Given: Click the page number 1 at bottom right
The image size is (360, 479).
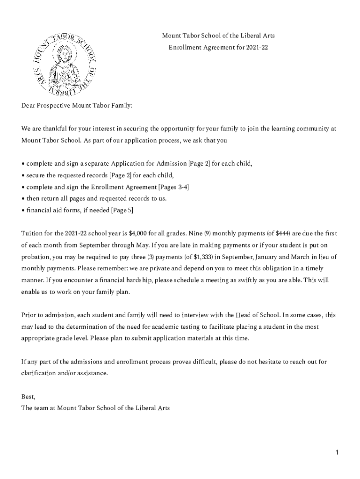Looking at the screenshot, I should click(x=336, y=452).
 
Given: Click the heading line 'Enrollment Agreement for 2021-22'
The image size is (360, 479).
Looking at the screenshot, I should click(x=218, y=47).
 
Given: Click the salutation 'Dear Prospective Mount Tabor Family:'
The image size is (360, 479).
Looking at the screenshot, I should click(x=77, y=106).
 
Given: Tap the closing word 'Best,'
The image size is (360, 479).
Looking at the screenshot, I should click(x=28, y=396).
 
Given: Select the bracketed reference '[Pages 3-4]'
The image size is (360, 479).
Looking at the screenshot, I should click(x=174, y=187).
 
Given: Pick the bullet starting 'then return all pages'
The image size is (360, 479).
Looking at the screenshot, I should click(x=95, y=198).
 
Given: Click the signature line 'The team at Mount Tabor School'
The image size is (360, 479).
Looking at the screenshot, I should click(x=95, y=407).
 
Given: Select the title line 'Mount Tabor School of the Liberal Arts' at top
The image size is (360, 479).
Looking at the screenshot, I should click(x=218, y=36).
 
